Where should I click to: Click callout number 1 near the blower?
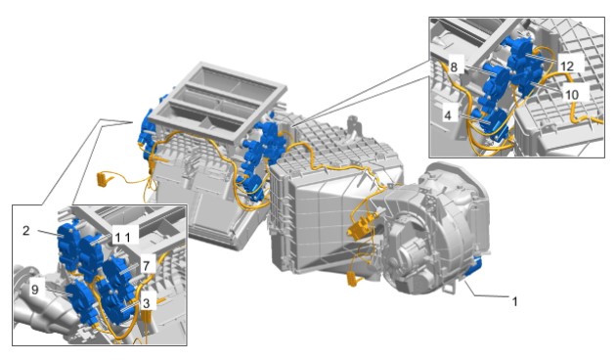click(514, 302)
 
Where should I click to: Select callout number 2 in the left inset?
click(26, 230)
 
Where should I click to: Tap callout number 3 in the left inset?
click(146, 303)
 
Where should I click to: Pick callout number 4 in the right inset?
click(448, 115)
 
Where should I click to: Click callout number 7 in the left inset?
click(146, 266)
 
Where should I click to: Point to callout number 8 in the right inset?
click(454, 67)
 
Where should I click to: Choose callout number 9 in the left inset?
click(35, 290)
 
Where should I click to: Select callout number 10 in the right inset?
click(572, 95)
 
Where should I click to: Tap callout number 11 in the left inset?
click(122, 237)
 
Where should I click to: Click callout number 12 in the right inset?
click(567, 67)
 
